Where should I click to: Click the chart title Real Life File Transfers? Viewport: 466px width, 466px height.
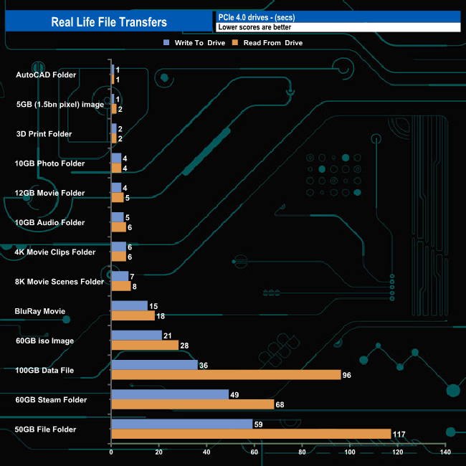pyautogui.click(x=109, y=22)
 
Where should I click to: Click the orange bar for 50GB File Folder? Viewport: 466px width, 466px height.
pyautogui.click(x=251, y=434)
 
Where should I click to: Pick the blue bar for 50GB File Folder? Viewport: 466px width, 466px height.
pyautogui.click(x=182, y=424)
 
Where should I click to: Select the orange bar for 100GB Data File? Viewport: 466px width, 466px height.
pyautogui.click(x=226, y=375)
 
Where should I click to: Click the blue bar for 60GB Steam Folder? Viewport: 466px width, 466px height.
pyautogui.click(x=170, y=394)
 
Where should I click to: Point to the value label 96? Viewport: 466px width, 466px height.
pyautogui.click(x=348, y=375)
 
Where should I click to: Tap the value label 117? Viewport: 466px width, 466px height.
pyautogui.click(x=400, y=434)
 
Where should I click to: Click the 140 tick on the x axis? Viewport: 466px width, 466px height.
pyautogui.click(x=445, y=452)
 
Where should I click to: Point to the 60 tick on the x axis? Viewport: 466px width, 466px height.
pyautogui.click(x=255, y=452)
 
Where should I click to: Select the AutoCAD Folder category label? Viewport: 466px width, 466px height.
pyautogui.click(x=46, y=75)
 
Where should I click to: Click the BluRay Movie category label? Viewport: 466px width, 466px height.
pyautogui.click(x=40, y=311)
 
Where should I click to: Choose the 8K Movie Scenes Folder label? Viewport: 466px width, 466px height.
pyautogui.click(x=60, y=282)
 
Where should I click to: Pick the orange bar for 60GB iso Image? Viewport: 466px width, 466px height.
pyautogui.click(x=145, y=346)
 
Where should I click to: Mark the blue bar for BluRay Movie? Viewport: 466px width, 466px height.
pyautogui.click(x=129, y=306)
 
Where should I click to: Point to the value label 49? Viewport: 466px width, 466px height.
pyautogui.click(x=234, y=394)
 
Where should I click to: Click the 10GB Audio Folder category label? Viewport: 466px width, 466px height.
pyautogui.click(x=50, y=222)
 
